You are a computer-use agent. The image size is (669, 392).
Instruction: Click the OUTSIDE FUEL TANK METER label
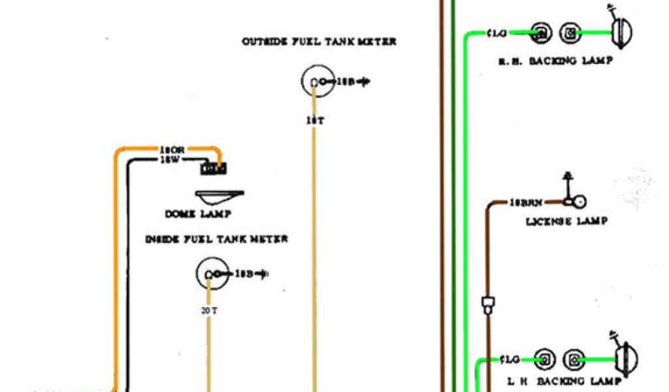tap(319, 42)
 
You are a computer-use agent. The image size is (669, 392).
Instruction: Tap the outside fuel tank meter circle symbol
tap(316, 82)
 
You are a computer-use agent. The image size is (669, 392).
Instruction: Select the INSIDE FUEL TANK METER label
tap(216, 239)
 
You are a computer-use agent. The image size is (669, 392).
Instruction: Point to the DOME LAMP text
tap(198, 214)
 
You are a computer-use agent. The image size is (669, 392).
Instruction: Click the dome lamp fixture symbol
tap(220, 196)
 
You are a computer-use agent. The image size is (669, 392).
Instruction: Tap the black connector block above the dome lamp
tap(214, 169)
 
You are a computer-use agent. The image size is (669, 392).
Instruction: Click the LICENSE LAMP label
tap(567, 221)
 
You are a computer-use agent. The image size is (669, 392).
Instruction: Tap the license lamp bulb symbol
tap(579, 202)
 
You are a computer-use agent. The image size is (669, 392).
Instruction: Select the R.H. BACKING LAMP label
tap(555, 61)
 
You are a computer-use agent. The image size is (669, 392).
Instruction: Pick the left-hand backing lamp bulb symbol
tap(625, 359)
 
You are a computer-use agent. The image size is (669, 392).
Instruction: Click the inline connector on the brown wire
tap(486, 303)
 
